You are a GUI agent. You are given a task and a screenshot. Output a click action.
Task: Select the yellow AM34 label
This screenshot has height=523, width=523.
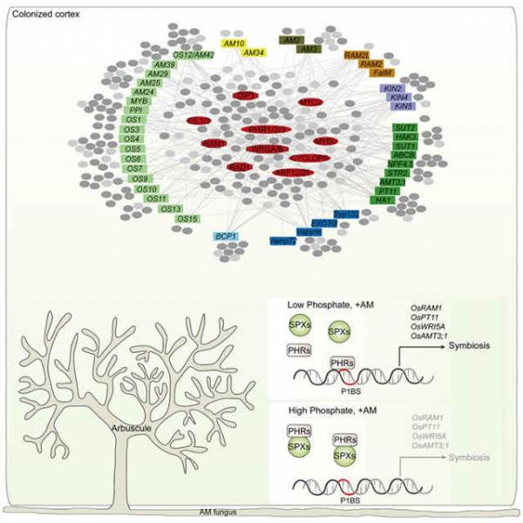coord(253,53)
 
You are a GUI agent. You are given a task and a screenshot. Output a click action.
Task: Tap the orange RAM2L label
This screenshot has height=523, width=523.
coord(357,55)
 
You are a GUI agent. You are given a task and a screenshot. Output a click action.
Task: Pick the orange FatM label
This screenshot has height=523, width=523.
coord(384,73)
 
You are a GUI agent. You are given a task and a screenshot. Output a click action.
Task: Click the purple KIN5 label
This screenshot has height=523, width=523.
coord(401,106)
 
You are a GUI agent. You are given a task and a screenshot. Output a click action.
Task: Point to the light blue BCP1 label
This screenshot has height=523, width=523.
coord(228,235)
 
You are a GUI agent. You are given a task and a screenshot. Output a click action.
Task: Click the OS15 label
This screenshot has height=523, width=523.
coord(188,218)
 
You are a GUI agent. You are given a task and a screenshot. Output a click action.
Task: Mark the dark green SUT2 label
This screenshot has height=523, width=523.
coord(406,128)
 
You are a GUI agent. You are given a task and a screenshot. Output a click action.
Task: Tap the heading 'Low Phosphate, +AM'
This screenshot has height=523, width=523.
coord(327,304)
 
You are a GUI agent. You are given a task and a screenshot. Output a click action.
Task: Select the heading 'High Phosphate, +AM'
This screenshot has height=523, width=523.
coord(329,408)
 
